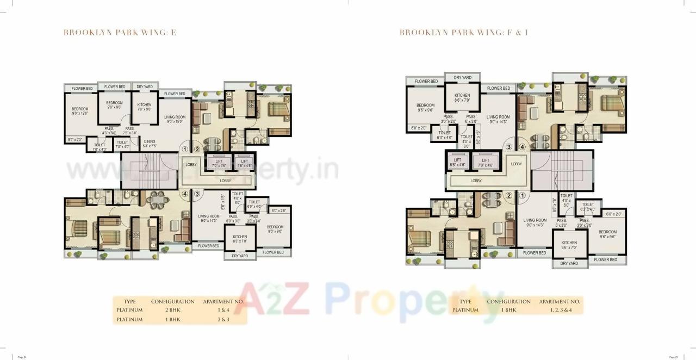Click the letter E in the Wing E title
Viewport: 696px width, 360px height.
[174, 33]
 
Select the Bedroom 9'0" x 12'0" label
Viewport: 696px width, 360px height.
[80, 111]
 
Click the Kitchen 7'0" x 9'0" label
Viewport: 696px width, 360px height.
[145, 107]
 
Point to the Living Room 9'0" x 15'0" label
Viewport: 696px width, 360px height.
[175, 119]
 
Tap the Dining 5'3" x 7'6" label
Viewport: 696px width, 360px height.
[150, 144]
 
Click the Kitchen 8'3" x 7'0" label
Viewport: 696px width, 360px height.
[240, 239]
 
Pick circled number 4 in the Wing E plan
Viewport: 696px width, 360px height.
[185, 193]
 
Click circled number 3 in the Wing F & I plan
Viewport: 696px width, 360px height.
[509, 146]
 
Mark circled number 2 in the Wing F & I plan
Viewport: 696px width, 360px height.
[509, 196]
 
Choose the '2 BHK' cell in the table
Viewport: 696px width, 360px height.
[172, 310]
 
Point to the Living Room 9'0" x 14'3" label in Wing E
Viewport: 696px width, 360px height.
[209, 218]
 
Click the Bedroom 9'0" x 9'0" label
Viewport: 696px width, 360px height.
[114, 105]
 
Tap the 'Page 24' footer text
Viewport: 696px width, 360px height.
[22, 357]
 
